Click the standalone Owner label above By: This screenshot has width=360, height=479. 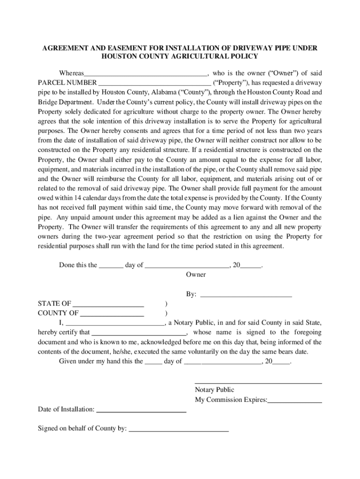tap(195, 275)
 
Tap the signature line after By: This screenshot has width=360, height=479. tap(245, 296)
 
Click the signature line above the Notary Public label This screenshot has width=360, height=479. tap(258, 384)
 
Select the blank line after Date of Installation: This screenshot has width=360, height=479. tap(141, 411)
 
